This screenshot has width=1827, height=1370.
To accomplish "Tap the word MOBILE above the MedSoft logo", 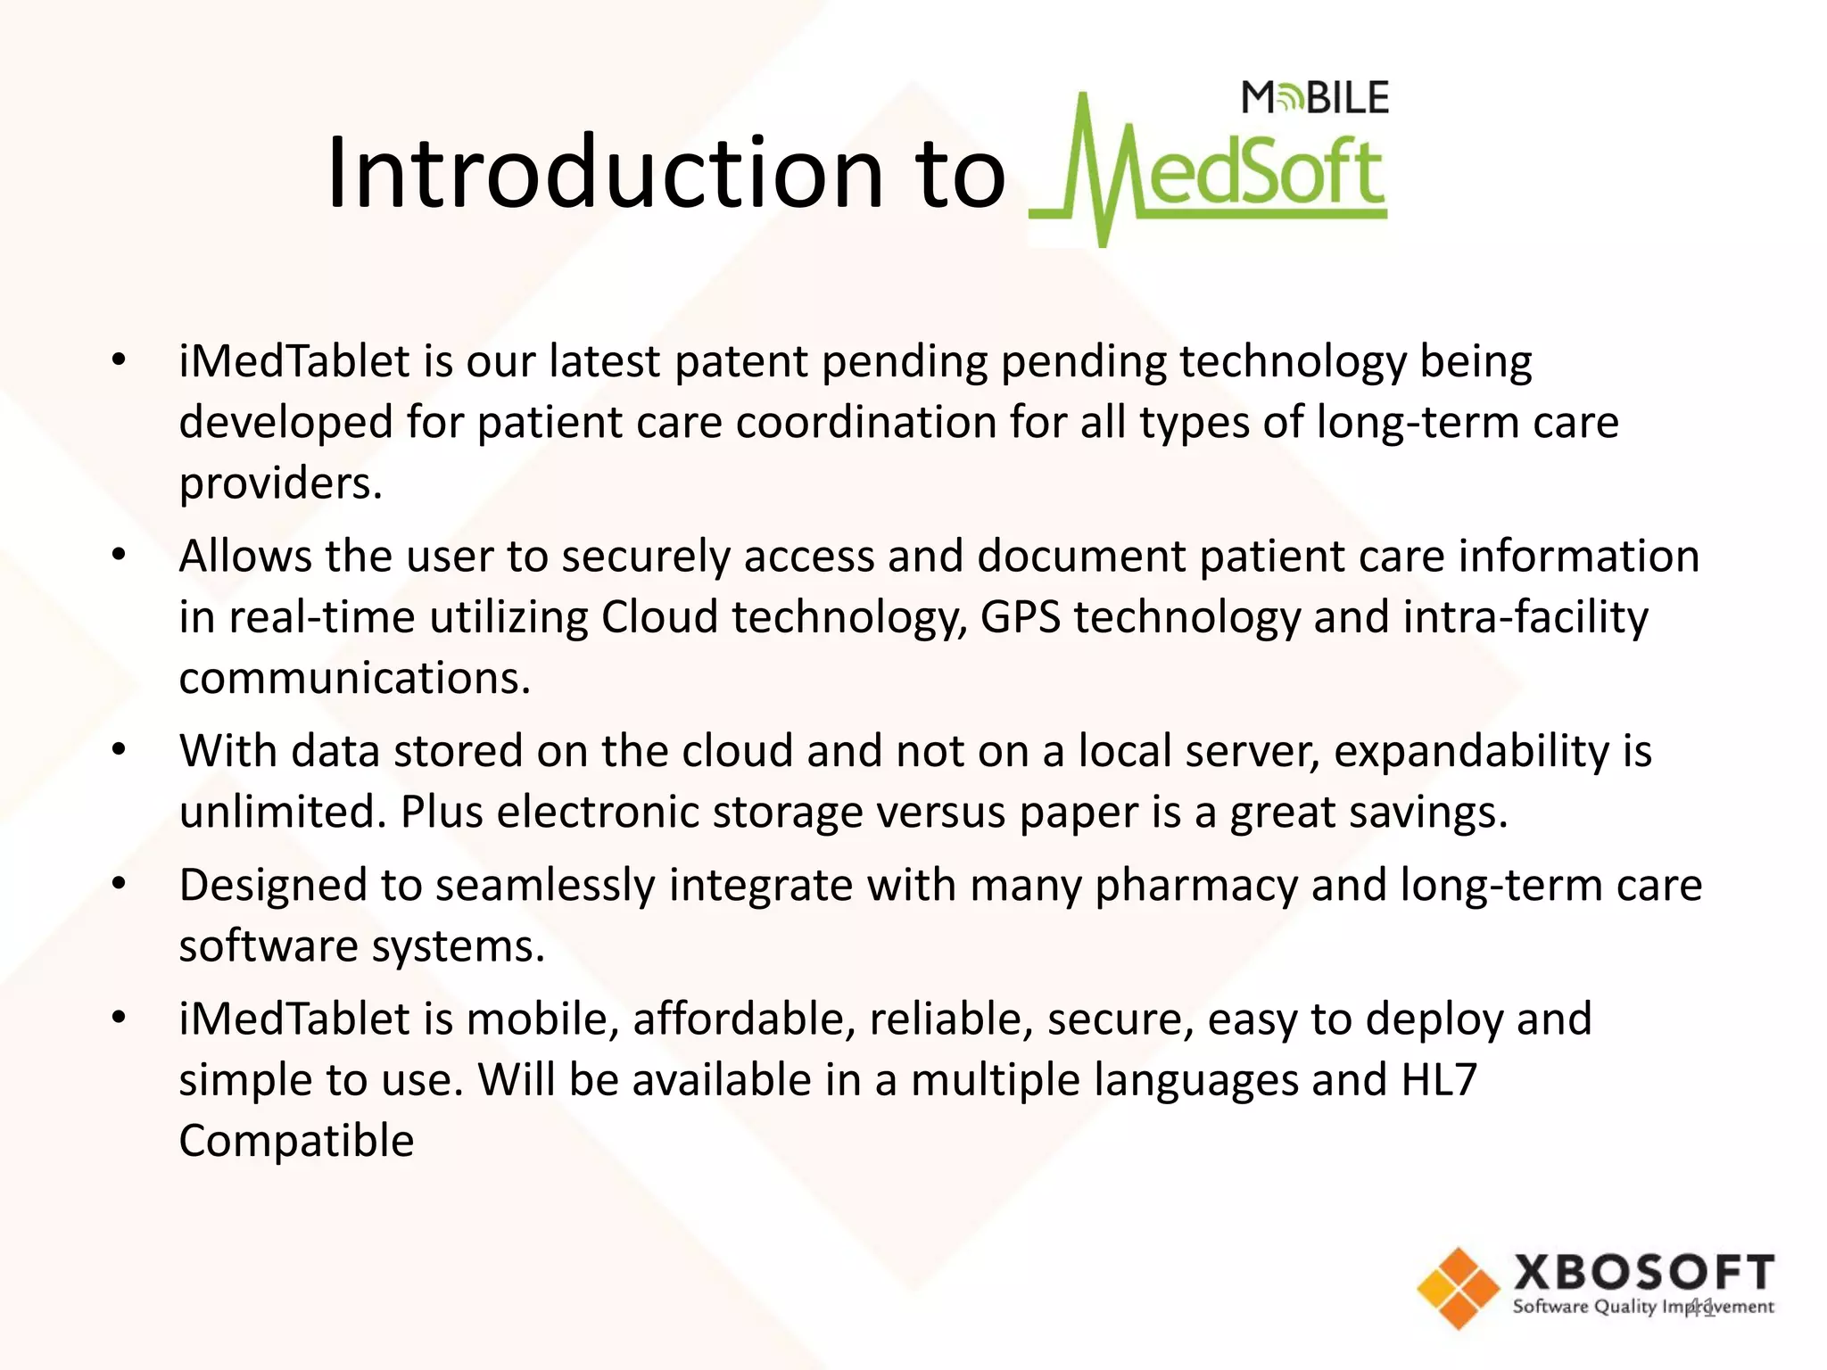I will point(1315,98).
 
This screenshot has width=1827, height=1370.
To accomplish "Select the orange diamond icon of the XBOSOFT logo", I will point(1459,1289).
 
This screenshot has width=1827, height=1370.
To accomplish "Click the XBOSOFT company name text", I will point(1643,1272).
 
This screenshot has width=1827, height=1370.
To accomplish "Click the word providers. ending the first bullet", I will point(281,484).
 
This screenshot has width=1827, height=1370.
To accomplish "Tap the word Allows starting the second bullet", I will point(244,557).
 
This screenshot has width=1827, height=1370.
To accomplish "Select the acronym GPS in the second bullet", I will point(1021,617).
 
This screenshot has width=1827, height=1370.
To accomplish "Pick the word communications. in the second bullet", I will point(355,679).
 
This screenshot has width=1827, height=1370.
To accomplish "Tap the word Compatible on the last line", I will point(296,1141).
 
